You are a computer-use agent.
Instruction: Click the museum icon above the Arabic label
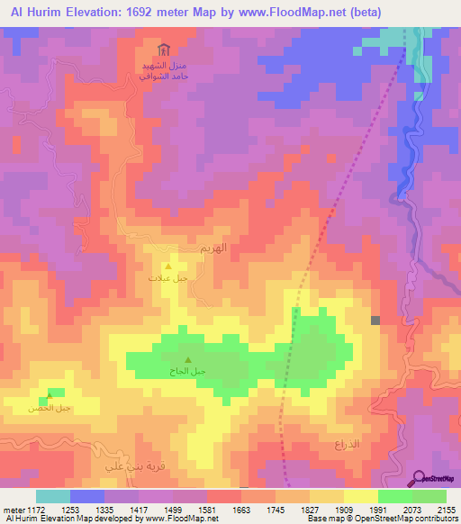162,50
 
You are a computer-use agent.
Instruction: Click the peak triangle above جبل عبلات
168,267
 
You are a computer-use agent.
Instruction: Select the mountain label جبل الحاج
188,371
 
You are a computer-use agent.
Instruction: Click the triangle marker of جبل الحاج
187,360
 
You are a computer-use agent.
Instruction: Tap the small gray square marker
375,320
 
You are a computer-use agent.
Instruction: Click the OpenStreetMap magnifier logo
419,478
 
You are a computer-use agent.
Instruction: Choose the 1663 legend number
241,509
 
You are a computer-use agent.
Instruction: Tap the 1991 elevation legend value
376,509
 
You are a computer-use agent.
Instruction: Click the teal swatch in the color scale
53,496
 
